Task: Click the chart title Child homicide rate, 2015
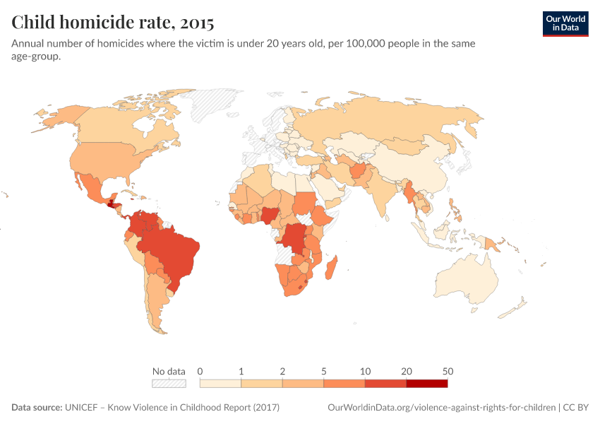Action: click(x=113, y=23)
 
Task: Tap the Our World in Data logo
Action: click(x=565, y=23)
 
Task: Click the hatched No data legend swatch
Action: click(x=169, y=383)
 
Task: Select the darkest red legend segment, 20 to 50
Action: click(x=426, y=383)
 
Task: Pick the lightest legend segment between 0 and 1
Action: click(x=220, y=383)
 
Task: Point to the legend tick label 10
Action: click(x=365, y=371)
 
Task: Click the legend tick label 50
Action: click(x=448, y=371)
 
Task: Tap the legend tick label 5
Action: click(x=324, y=371)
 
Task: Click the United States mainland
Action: click(x=106, y=159)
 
